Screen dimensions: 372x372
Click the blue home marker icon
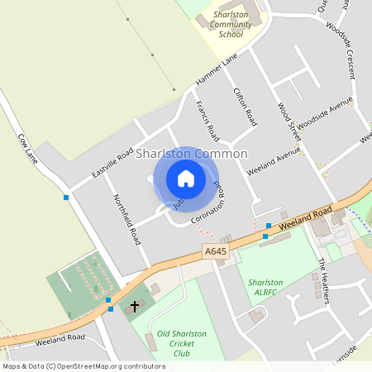(x=186, y=179)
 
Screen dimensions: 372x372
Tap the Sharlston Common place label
(x=192, y=154)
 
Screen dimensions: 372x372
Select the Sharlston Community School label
(x=231, y=25)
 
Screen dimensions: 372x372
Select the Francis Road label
(x=207, y=120)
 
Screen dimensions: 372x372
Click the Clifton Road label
(x=246, y=107)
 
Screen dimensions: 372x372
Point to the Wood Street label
(x=289, y=121)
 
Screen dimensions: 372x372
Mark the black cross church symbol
(x=135, y=306)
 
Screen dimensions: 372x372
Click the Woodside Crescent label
(x=341, y=50)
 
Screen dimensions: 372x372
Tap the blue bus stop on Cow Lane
(x=66, y=198)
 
